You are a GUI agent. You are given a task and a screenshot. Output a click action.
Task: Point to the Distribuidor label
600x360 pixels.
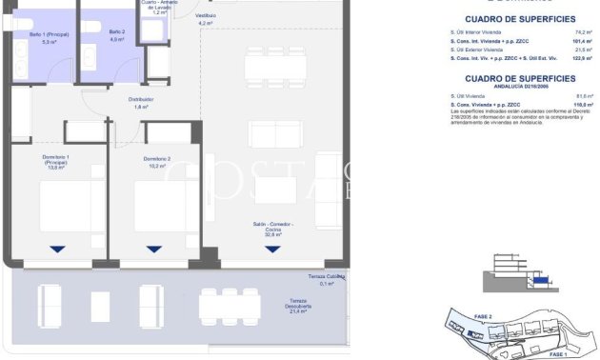coord(141,103)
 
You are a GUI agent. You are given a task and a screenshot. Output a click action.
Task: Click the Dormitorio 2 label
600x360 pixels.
coord(156,161)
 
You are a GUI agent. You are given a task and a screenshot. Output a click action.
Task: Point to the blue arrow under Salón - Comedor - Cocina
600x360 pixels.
coord(272,250)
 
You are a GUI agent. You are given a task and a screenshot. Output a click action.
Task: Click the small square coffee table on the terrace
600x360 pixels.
coord(100,307)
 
